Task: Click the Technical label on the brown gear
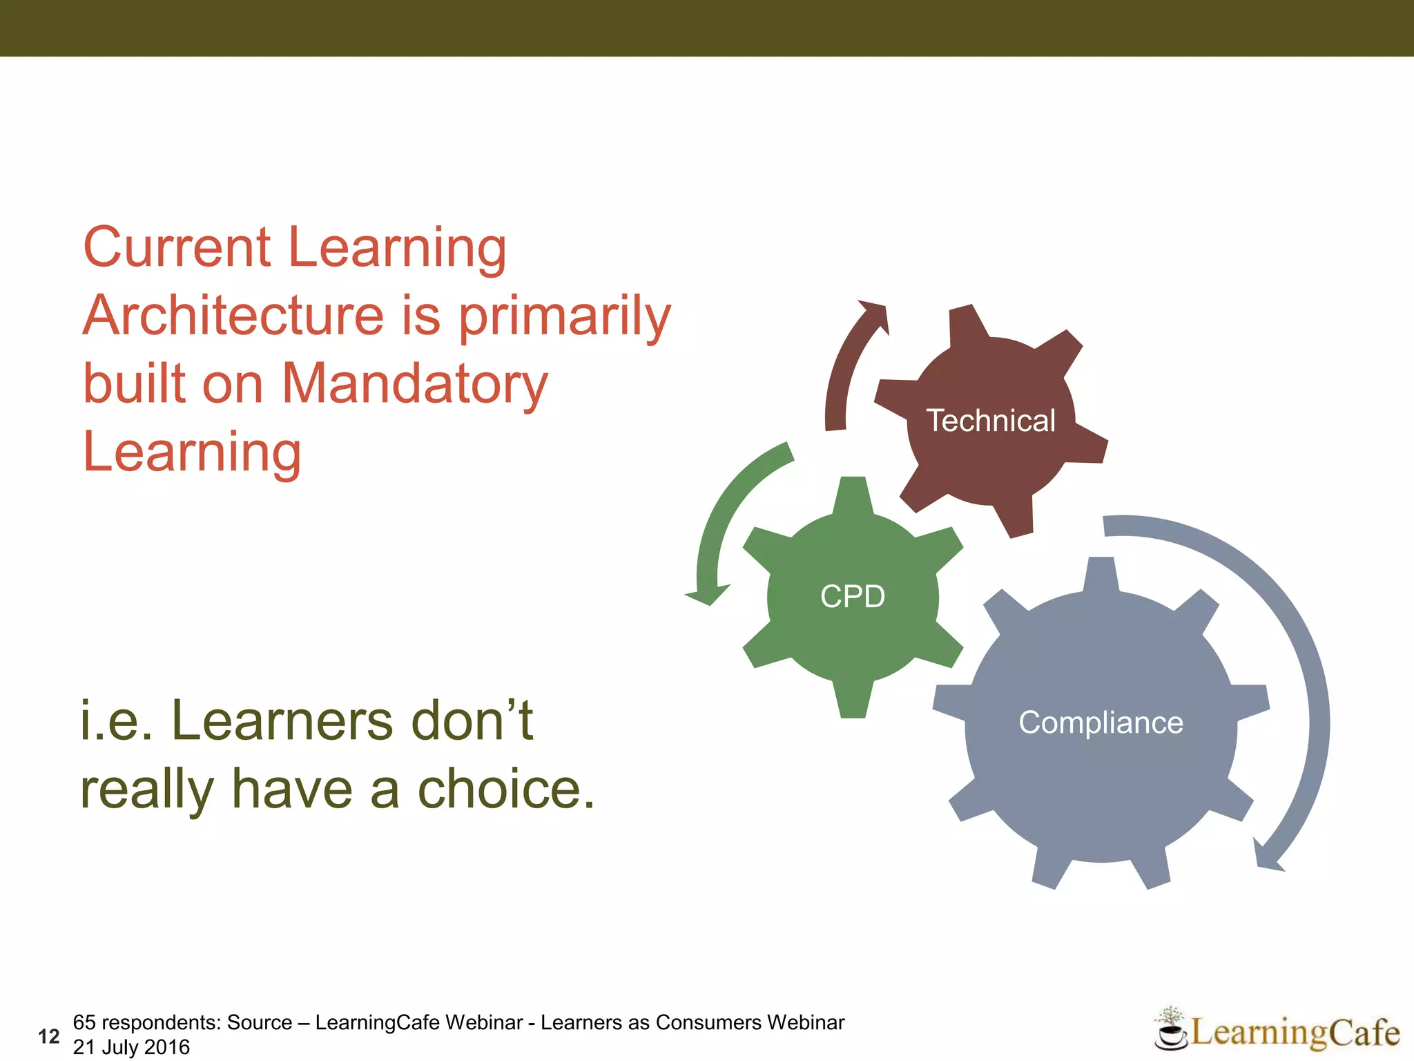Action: [991, 421]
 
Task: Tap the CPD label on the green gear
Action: [853, 596]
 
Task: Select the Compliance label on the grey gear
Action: [1101, 723]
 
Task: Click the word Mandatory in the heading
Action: [415, 384]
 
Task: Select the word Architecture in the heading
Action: [233, 316]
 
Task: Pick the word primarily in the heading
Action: [565, 317]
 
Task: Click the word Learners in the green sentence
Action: [283, 721]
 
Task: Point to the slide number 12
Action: [49, 1036]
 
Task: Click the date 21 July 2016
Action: [131, 1047]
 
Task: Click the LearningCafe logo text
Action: [1295, 1033]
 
